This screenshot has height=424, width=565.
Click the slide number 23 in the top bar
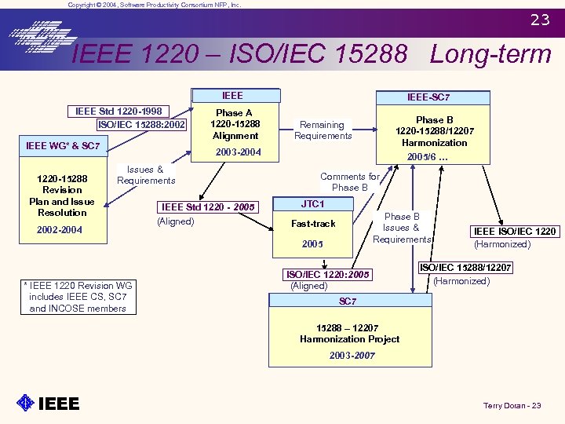[540, 20]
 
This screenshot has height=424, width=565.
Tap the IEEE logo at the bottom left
[48, 404]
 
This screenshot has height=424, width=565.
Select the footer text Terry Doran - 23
[512, 405]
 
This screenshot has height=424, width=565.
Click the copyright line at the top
[155, 5]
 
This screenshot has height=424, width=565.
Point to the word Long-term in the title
[490, 54]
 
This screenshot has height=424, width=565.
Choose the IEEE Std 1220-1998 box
[118, 111]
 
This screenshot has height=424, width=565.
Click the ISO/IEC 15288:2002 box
[142, 124]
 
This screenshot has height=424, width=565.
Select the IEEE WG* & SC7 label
[63, 146]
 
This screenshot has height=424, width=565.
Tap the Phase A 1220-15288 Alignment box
[235, 124]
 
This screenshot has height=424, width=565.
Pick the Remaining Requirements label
[323, 130]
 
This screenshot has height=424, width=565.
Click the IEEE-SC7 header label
[428, 97]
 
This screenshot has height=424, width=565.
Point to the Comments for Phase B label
[350, 182]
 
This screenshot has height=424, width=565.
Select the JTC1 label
[312, 204]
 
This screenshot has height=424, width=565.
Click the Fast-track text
[313, 224]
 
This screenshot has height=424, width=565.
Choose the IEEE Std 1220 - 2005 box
[208, 207]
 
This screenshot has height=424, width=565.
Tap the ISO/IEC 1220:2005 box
[328, 275]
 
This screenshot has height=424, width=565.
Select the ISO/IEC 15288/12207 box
[465, 268]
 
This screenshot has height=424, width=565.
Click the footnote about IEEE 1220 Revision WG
[78, 297]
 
